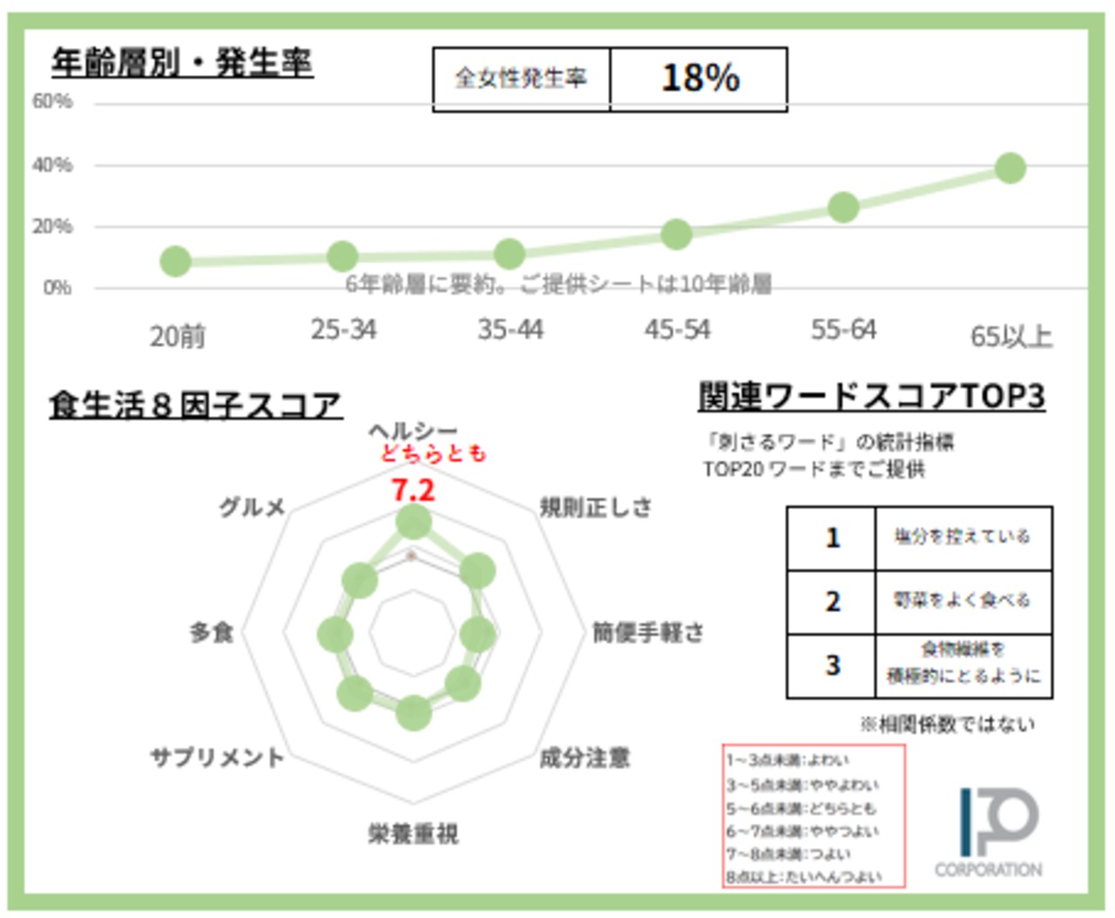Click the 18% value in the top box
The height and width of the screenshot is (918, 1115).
click(x=699, y=78)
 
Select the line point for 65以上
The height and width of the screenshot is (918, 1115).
click(x=1010, y=168)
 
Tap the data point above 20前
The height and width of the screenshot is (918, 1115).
click(x=175, y=260)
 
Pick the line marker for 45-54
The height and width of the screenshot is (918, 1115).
click(x=676, y=233)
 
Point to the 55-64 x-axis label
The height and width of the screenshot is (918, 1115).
click(x=842, y=330)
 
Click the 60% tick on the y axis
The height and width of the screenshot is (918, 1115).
click(x=52, y=102)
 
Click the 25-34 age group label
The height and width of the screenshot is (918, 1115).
click(x=343, y=330)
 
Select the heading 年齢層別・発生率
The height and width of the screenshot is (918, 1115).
click(x=182, y=63)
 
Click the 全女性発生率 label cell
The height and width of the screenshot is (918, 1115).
click(x=521, y=78)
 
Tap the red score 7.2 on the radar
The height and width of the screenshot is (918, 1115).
click(x=413, y=490)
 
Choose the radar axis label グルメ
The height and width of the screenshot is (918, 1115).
click(x=252, y=507)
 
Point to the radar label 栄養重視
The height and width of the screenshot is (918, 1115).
click(x=413, y=834)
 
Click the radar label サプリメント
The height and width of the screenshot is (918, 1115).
click(x=217, y=757)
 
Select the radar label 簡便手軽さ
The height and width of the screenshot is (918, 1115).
click(x=648, y=632)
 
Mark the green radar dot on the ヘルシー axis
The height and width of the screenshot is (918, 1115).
click(x=413, y=523)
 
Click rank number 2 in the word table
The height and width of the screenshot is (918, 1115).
click(x=832, y=602)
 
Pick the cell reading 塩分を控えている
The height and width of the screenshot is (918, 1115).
click(x=963, y=537)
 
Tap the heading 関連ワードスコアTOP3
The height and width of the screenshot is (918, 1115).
click(x=871, y=397)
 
